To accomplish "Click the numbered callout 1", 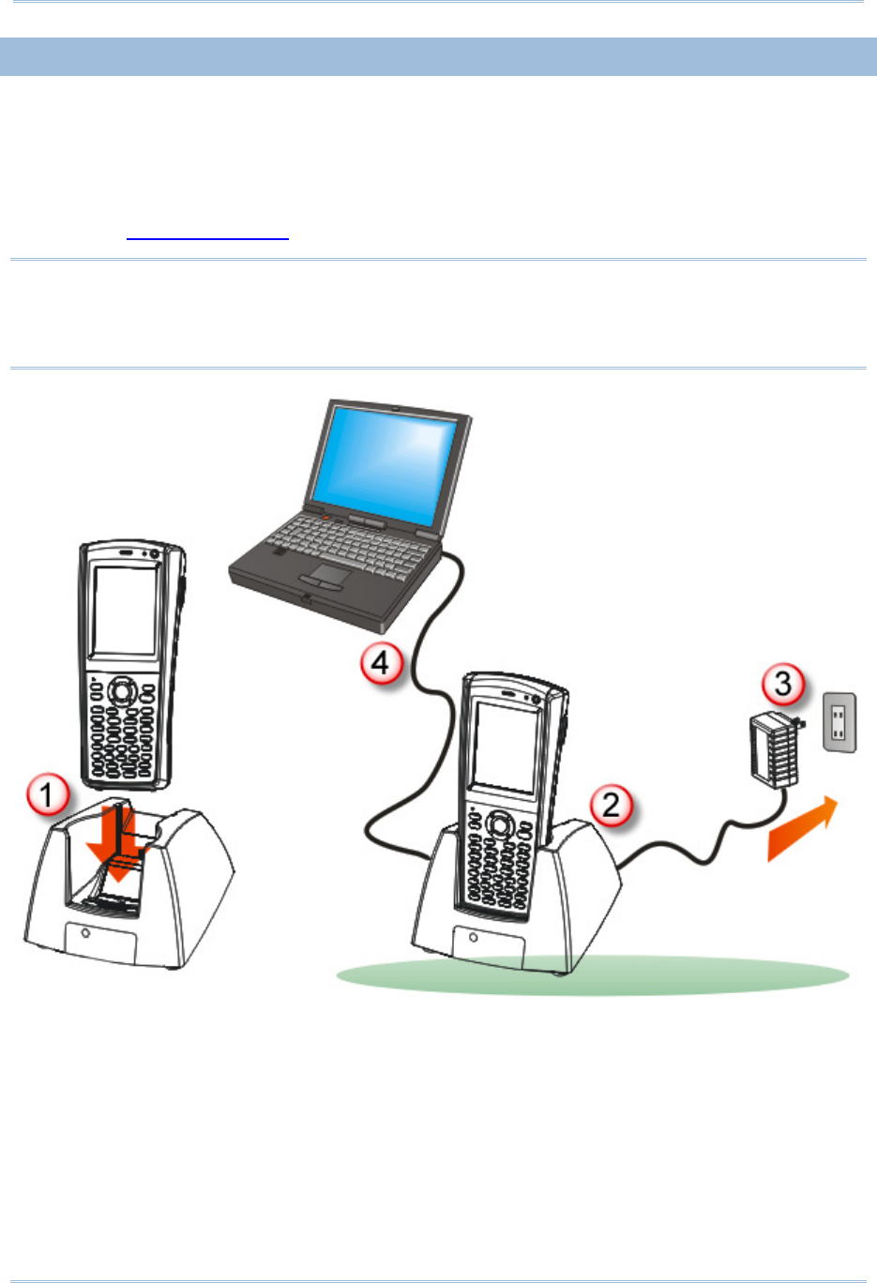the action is coord(48,793).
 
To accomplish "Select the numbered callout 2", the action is coord(612,806).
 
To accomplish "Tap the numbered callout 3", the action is coord(783,684).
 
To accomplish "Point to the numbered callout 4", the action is coord(382,663).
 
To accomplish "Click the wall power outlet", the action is coord(839,722).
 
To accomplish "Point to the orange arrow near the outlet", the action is coord(802,828).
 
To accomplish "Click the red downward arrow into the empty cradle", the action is coord(119,843).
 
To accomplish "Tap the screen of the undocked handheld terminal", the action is coord(125,610).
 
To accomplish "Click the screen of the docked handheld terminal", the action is coord(506,747).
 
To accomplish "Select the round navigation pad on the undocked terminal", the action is coord(121,691).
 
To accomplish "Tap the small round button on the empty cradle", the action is coord(85,933).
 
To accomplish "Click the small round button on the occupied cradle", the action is coord(473,938).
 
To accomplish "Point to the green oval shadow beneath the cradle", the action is coord(592,974).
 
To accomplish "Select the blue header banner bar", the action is coord(438,56).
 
